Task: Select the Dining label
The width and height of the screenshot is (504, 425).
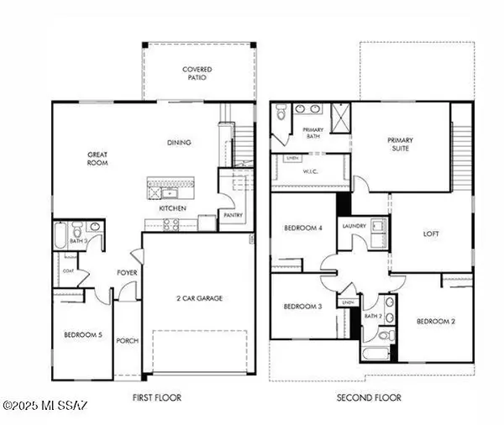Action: pyautogui.click(x=179, y=142)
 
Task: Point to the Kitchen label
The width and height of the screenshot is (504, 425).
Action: pyautogui.click(x=172, y=208)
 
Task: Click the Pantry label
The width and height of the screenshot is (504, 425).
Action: pyautogui.click(x=232, y=215)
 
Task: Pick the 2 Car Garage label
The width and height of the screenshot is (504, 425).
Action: pyautogui.click(x=199, y=297)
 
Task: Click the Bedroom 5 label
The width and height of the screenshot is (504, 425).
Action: pyautogui.click(x=83, y=336)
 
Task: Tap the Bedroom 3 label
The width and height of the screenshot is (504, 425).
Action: pyautogui.click(x=302, y=307)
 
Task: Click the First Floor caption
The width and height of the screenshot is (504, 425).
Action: pyautogui.click(x=157, y=397)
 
